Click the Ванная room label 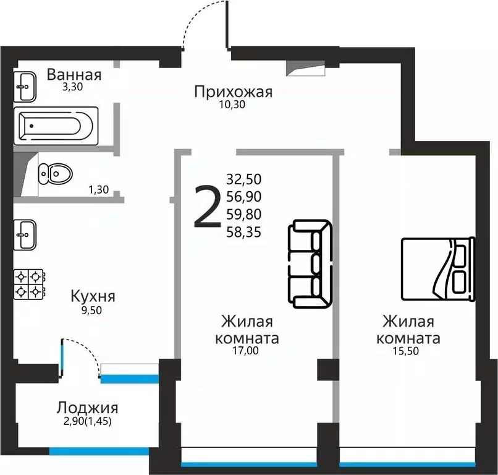(x=74, y=75)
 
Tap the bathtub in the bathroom (x=56, y=126)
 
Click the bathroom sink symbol (x=25, y=86)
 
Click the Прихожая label (x=233, y=92)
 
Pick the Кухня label (x=93, y=296)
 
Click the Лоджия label (x=87, y=408)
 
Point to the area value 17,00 (x=246, y=351)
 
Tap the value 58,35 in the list (x=244, y=233)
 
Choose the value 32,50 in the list (x=244, y=179)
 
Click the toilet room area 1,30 (x=99, y=190)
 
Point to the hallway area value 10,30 (x=233, y=105)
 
